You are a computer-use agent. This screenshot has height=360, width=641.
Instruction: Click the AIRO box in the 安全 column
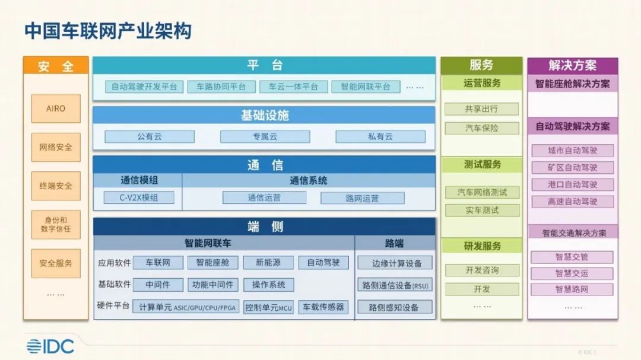point(56,109)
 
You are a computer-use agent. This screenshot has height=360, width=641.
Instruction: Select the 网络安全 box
point(56,147)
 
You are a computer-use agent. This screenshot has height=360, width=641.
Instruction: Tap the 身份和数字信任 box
point(56,224)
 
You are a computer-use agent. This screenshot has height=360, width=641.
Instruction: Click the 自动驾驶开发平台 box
point(144,87)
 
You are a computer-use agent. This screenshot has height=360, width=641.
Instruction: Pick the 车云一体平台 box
point(293,87)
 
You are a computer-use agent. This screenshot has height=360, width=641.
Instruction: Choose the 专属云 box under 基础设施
point(265,136)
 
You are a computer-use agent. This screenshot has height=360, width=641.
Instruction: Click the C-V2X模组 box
point(139,197)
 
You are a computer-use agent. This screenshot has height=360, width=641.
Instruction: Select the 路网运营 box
point(362,198)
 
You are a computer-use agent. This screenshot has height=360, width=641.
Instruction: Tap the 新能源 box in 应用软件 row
point(269,262)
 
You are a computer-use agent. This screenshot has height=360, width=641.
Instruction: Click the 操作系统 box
point(269,285)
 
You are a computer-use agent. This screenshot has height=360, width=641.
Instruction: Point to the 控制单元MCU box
point(269,307)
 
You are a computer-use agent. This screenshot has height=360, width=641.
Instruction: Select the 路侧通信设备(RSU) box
point(395,285)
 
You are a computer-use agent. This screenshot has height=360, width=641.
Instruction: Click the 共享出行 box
point(481,109)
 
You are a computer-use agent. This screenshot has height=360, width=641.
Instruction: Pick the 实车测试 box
point(481,210)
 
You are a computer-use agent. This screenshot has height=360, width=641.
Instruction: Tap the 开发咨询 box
point(481,270)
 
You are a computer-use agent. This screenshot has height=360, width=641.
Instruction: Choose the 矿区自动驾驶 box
point(572,167)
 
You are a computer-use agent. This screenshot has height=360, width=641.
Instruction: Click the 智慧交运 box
point(572,273)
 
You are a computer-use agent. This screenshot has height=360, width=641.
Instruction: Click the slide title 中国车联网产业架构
point(107,31)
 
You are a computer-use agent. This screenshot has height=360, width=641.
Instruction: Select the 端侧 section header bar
point(264,226)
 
